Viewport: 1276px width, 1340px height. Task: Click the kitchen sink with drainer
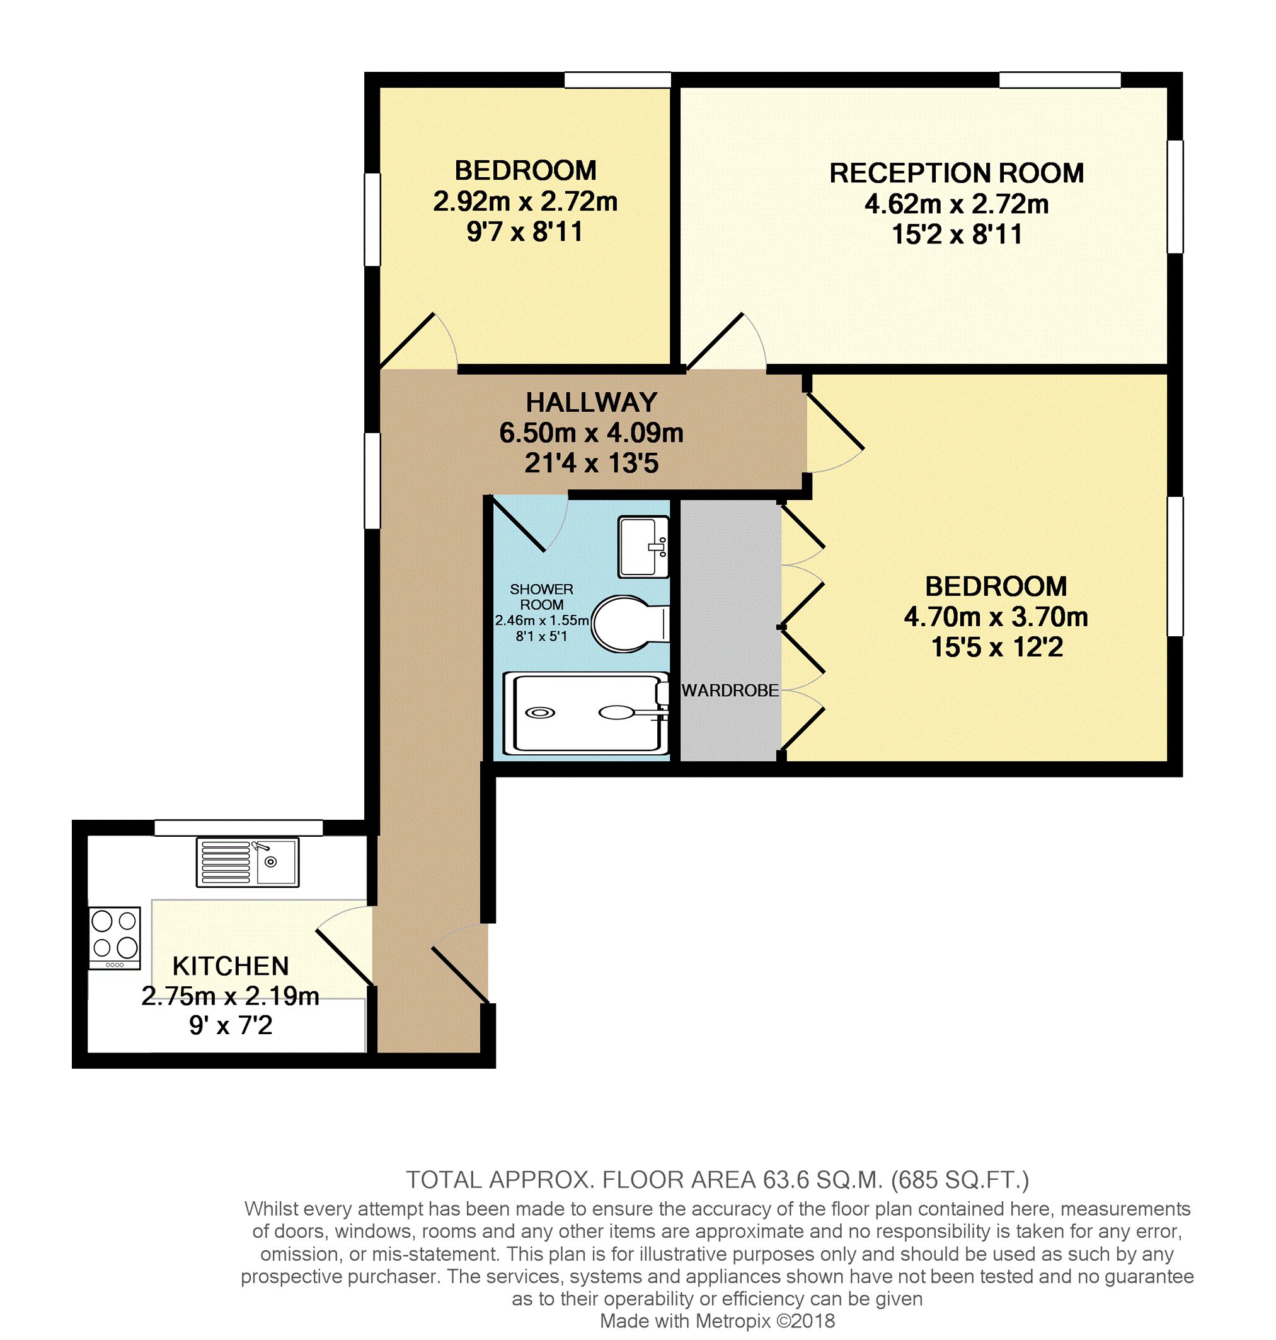click(x=247, y=862)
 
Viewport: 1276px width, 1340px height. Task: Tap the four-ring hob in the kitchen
click(x=114, y=937)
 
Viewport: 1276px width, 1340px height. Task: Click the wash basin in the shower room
click(x=643, y=547)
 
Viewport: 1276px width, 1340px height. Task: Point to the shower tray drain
click(x=540, y=713)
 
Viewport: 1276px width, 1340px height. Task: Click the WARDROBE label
click(x=730, y=690)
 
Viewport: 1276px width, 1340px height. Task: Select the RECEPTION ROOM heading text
click(x=957, y=173)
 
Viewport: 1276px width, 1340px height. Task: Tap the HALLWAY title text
click(x=591, y=402)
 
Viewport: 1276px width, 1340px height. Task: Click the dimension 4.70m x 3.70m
click(x=996, y=617)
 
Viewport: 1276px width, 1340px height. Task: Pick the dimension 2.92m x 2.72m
click(x=525, y=201)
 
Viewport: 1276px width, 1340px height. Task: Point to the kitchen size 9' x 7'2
click(x=231, y=1025)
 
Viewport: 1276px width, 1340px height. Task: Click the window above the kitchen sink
click(x=238, y=827)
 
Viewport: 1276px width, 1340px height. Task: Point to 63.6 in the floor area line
click(x=786, y=1179)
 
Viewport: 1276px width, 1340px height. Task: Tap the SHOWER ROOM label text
click(x=541, y=597)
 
